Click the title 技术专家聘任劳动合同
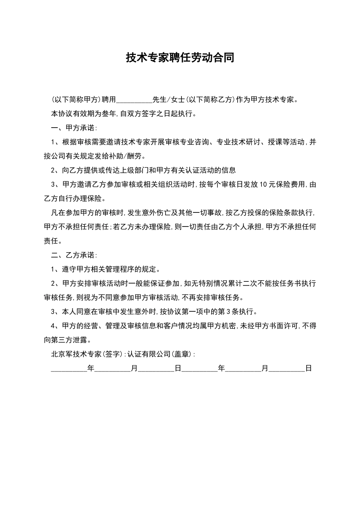pos(180,58)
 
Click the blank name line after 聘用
pos(133,100)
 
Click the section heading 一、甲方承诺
pos(74,128)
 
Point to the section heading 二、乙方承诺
pos(74,255)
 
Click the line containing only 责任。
pos(53,241)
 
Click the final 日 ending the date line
pos(308,368)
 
